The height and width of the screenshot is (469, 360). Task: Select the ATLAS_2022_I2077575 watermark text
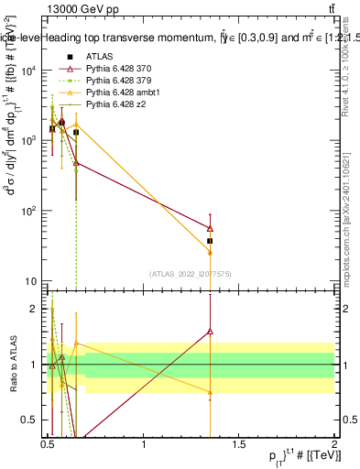click(x=191, y=274)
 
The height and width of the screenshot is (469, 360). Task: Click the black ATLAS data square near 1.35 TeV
click(x=211, y=241)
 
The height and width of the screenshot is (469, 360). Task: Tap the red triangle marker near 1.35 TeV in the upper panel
click(x=211, y=228)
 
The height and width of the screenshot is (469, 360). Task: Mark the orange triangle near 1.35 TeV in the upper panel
click(x=211, y=252)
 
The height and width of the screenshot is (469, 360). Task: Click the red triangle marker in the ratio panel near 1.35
click(x=211, y=332)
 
